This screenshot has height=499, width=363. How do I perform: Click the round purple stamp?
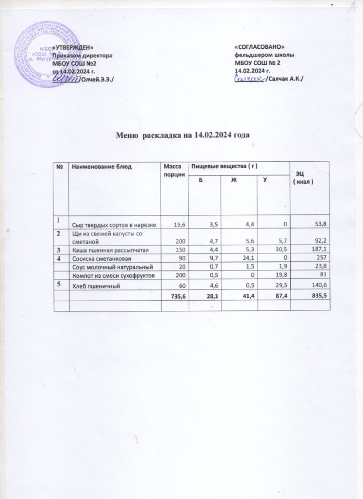point(41,53)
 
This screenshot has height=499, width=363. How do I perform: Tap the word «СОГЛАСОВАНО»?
point(260,48)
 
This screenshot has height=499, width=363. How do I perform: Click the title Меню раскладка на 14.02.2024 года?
point(182,134)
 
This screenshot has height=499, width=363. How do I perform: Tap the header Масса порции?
point(172,171)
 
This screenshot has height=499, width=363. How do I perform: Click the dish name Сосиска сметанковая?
point(101,258)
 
